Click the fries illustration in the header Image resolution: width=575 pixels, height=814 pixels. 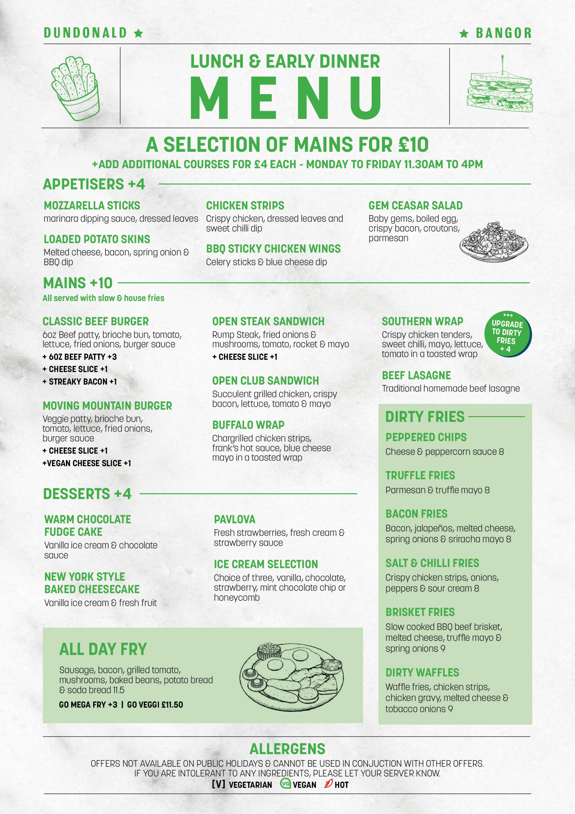[x=75, y=88]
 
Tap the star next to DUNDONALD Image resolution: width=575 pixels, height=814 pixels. [x=139, y=33]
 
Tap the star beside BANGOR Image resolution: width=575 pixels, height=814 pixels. [x=464, y=34]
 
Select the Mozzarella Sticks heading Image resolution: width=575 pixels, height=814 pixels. [x=92, y=206]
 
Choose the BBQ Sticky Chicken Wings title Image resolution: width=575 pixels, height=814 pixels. [x=273, y=249]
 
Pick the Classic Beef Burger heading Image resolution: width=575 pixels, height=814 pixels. [x=96, y=321]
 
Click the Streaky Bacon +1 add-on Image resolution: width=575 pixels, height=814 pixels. [x=80, y=382]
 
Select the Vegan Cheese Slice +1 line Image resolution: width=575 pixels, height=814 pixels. [x=87, y=463]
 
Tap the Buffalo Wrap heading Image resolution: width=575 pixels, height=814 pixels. [x=248, y=425]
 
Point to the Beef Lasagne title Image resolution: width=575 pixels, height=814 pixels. [x=416, y=376]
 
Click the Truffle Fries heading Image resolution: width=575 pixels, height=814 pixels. [x=420, y=475]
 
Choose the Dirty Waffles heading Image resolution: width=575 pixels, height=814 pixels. [x=422, y=673]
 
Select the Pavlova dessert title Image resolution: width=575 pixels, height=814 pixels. [x=234, y=519]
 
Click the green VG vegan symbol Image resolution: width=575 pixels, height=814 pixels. [x=285, y=783]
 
